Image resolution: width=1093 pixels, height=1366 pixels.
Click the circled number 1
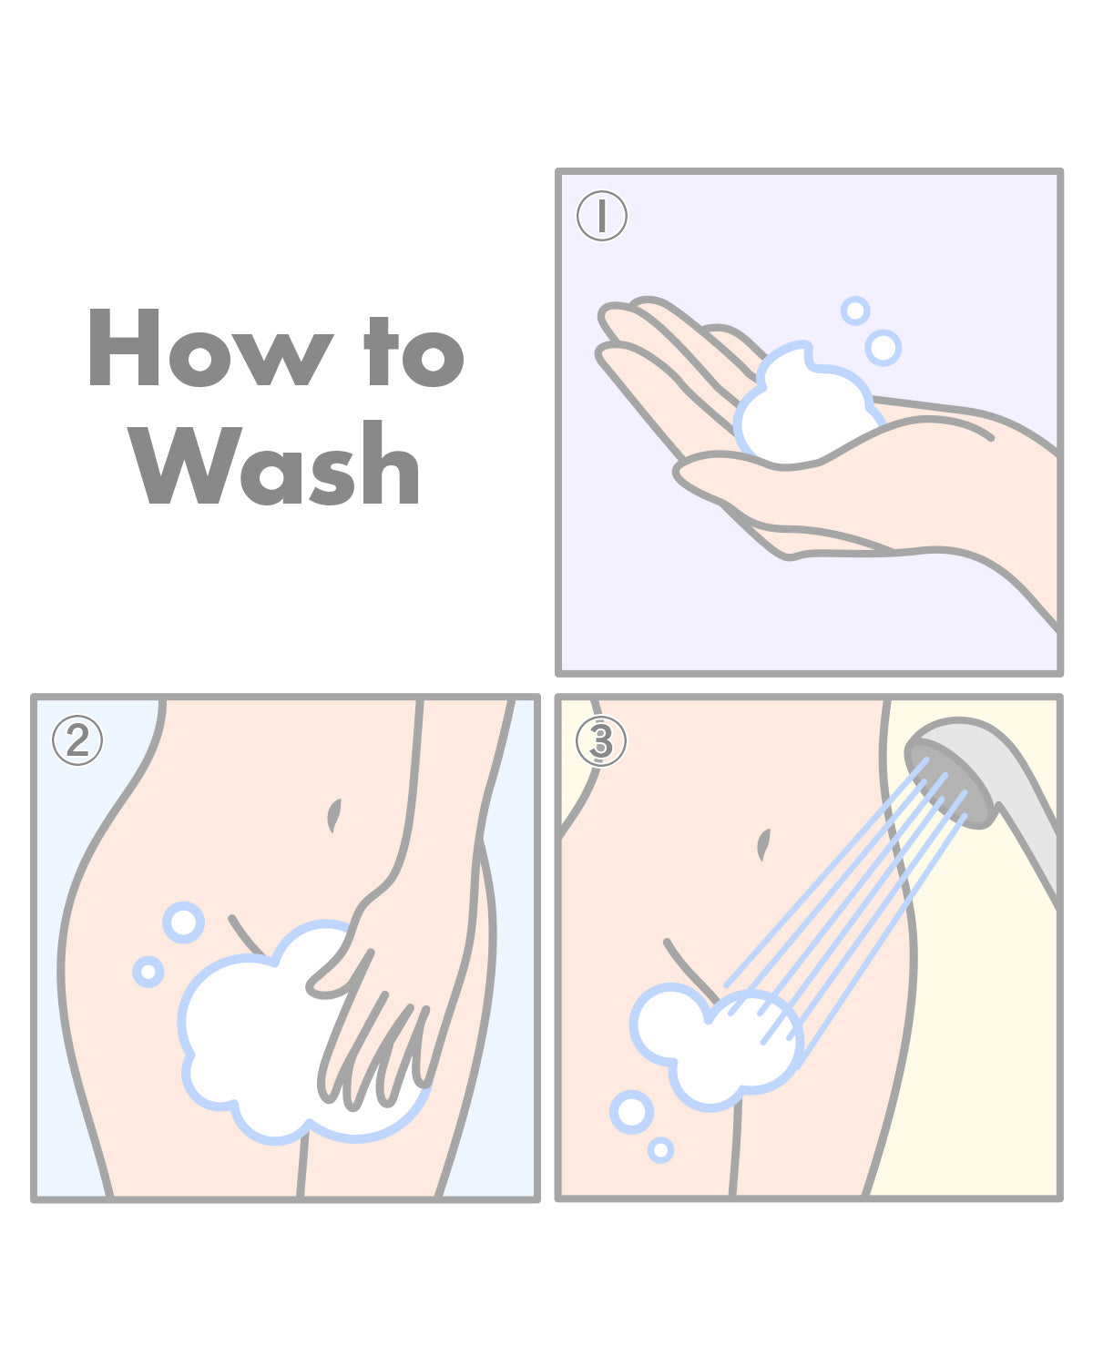point(602,217)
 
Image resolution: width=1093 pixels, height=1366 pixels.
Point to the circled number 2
point(77,741)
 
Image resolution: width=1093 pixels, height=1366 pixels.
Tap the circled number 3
point(601,741)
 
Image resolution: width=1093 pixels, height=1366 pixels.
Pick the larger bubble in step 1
point(883,348)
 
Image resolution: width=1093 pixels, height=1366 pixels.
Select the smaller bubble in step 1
point(855,311)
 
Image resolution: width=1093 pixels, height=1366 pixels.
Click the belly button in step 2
point(334,815)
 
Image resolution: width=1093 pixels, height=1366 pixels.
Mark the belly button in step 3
point(763,844)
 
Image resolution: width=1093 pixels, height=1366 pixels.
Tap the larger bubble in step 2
point(183,923)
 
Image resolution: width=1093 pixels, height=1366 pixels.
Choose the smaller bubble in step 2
point(148,972)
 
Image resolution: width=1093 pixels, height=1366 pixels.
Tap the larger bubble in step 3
point(631,1112)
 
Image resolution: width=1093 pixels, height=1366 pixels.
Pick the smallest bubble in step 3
point(660,1150)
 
